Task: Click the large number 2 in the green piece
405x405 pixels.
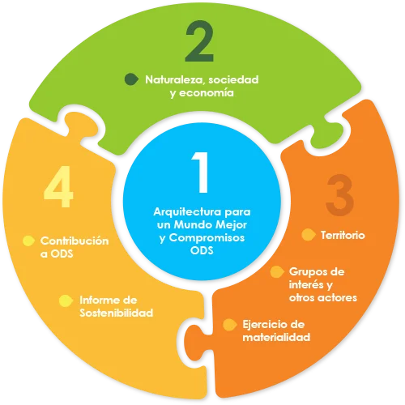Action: pos(200,41)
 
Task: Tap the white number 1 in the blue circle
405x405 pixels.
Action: pos(201,173)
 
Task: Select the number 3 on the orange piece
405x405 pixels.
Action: pos(339,195)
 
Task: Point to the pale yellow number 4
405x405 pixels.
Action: pos(58,186)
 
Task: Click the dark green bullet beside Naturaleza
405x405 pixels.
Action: pos(131,79)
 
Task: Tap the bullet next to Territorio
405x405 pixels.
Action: pos(309,235)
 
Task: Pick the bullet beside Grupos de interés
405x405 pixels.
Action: pos(277,272)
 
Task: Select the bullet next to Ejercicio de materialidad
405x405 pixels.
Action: pos(230,325)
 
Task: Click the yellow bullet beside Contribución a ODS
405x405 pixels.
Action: pos(28,241)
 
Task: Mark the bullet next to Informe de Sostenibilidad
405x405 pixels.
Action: pos(66,301)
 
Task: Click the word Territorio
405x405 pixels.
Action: pos(343,235)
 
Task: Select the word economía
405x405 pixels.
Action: pos(207,92)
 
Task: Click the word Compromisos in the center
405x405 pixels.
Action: pos(207,238)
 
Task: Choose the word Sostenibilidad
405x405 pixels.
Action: pos(117,313)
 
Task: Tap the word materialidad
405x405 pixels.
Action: pos(276,337)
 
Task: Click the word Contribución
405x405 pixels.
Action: pos(75,241)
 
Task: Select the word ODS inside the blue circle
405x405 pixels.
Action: pos(202,250)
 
